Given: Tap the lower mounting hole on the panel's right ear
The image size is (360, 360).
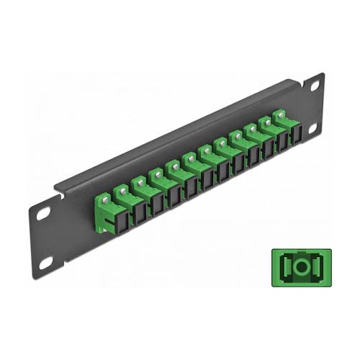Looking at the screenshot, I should coord(313,127).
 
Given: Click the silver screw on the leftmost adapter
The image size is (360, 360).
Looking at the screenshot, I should coord(105,192).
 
